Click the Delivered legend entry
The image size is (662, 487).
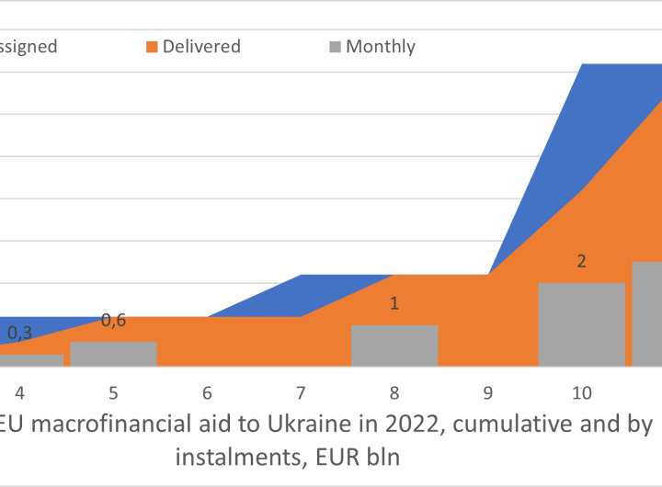pyautogui.click(x=201, y=46)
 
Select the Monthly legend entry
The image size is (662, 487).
pyautogui.click(x=381, y=46)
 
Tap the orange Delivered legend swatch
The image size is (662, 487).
pyautogui.click(x=152, y=47)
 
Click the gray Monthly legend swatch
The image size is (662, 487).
pyautogui.click(x=335, y=47)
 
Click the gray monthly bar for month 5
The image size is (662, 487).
pyautogui.click(x=113, y=354)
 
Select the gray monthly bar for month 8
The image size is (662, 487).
pyautogui.click(x=394, y=345)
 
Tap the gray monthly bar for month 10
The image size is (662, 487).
pyautogui.click(x=581, y=324)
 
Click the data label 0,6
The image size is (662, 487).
pyautogui.click(x=113, y=320)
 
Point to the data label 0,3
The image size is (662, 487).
pyautogui.click(x=19, y=333)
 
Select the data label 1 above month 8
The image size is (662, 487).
pyautogui.click(x=394, y=303)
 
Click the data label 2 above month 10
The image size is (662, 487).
pyautogui.click(x=581, y=261)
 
